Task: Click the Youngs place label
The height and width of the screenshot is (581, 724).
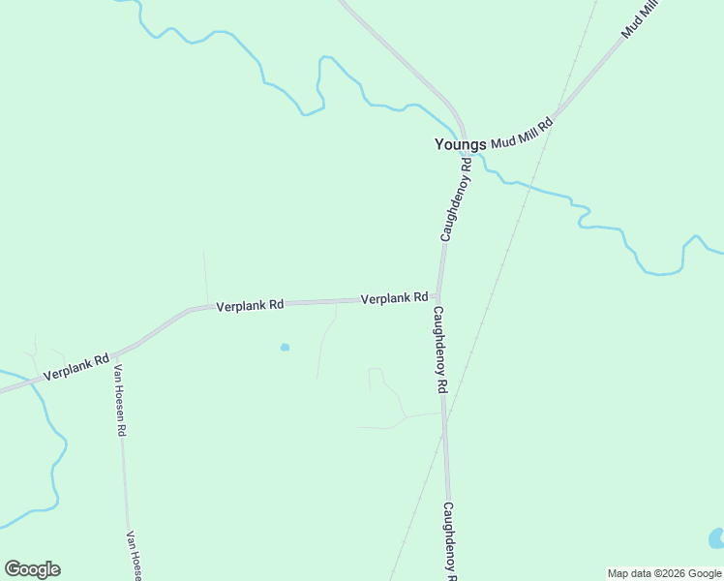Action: [x=460, y=145]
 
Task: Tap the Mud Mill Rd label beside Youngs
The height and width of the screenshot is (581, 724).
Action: [x=521, y=134]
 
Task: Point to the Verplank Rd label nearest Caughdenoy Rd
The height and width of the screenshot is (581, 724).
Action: [x=394, y=299]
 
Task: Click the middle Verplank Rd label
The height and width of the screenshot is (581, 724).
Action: [x=250, y=305]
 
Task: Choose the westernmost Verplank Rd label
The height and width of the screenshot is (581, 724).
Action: [x=75, y=367]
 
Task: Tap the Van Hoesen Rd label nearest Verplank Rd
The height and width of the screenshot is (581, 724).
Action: [x=120, y=400]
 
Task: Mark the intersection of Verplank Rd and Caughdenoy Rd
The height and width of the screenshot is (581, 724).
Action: [x=439, y=297]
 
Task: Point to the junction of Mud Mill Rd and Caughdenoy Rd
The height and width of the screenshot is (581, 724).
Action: [x=465, y=142]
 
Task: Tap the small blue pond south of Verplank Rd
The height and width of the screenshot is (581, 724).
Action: [x=285, y=347]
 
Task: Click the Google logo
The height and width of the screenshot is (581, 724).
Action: [x=32, y=569]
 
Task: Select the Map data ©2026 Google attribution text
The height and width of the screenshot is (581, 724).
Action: [x=664, y=573]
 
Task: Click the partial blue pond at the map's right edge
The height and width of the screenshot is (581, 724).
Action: [x=716, y=537]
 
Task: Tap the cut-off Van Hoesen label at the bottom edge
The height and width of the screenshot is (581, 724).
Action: [x=135, y=556]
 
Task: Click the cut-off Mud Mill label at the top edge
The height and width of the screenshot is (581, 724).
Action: [x=640, y=19]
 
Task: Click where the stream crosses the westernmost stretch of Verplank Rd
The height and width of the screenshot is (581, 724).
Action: [x=32, y=381]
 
